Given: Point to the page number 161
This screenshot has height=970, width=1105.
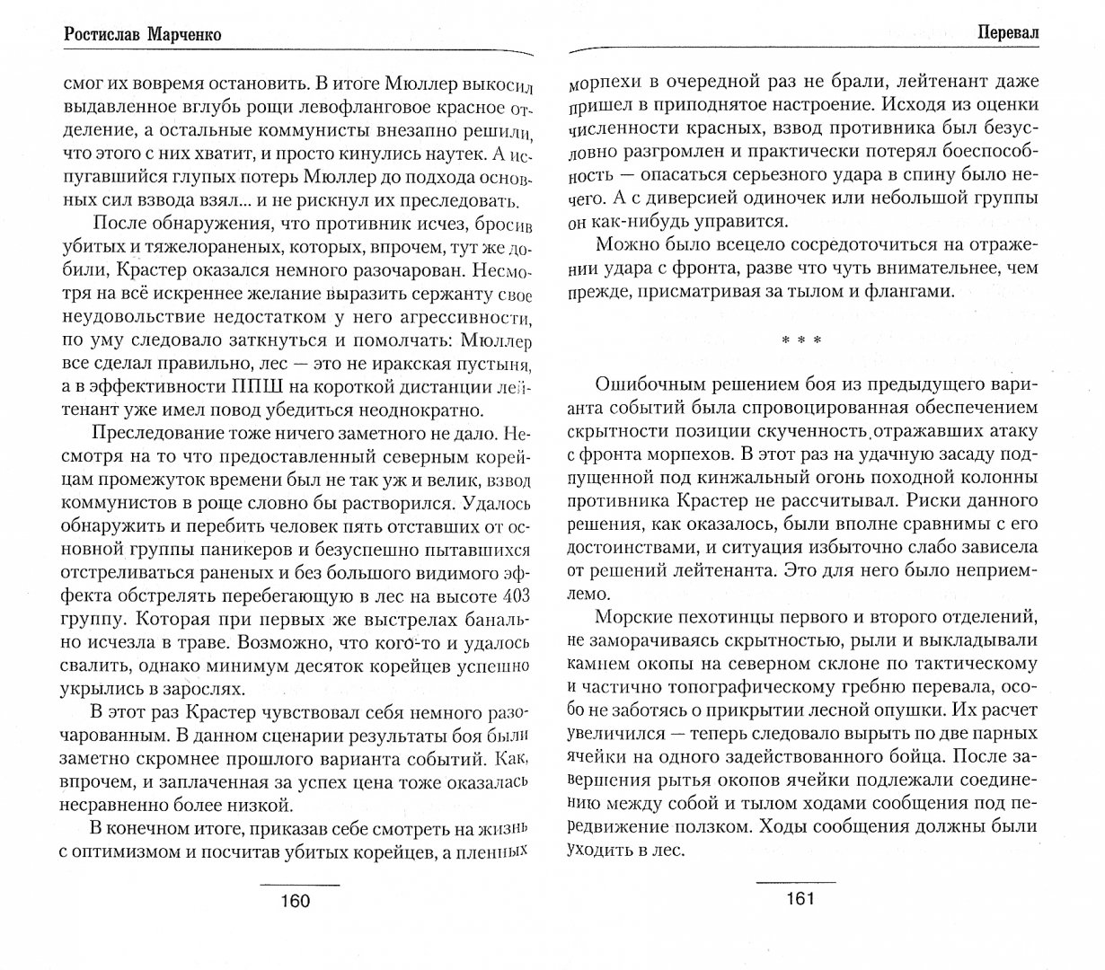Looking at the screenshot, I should coord(798,899).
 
